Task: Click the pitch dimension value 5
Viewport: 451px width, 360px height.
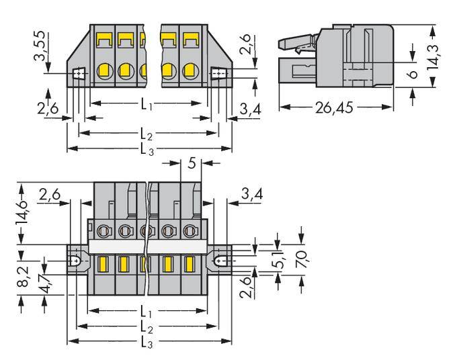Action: click(x=192, y=163)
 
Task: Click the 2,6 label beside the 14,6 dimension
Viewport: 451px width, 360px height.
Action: click(x=52, y=196)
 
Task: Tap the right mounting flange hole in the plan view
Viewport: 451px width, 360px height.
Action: click(x=219, y=259)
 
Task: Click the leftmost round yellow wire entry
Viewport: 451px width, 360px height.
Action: click(x=104, y=70)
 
